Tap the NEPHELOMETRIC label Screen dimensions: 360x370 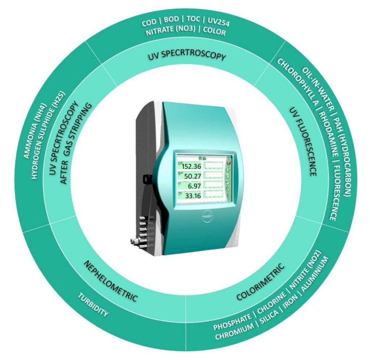click(110, 280)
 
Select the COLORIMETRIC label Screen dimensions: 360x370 click(261, 282)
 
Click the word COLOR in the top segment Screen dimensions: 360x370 click(214, 33)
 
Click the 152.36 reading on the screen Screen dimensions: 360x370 click(192, 166)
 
